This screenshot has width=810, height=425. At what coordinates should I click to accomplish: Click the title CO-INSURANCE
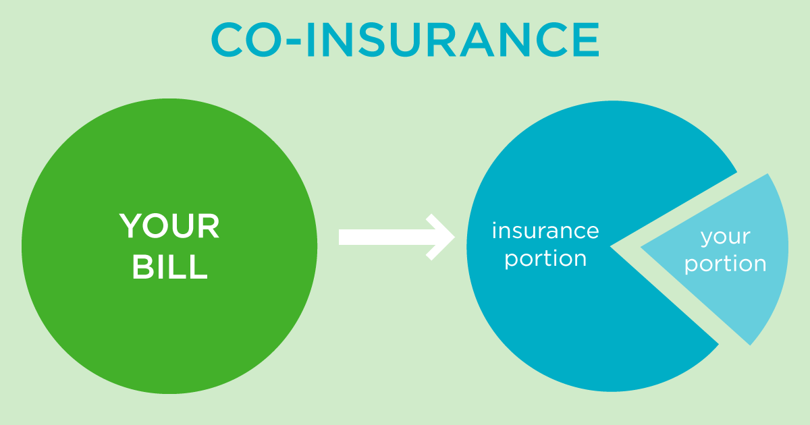[405, 39]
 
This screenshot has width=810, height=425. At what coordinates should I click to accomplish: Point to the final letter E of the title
[586, 39]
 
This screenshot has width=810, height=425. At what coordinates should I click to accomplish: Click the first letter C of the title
[227, 39]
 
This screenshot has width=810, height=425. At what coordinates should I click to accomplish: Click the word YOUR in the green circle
[169, 226]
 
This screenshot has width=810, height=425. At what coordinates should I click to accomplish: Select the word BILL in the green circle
[169, 266]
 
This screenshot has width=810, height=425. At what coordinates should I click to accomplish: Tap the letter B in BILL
[143, 266]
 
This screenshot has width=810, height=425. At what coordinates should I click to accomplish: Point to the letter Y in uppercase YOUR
[132, 226]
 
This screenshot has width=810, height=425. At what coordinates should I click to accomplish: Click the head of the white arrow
[454, 237]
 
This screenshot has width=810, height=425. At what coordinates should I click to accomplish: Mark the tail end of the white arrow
[339, 237]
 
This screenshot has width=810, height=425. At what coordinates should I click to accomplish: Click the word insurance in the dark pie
[545, 231]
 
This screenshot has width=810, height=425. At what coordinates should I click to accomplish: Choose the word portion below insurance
[545, 260]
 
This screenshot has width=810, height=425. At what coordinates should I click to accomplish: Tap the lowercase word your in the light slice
[726, 237]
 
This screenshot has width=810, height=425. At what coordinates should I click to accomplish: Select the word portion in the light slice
[726, 264]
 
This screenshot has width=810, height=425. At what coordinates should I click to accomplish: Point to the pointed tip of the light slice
[641, 248]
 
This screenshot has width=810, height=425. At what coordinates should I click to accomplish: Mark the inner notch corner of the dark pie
[610, 247]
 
